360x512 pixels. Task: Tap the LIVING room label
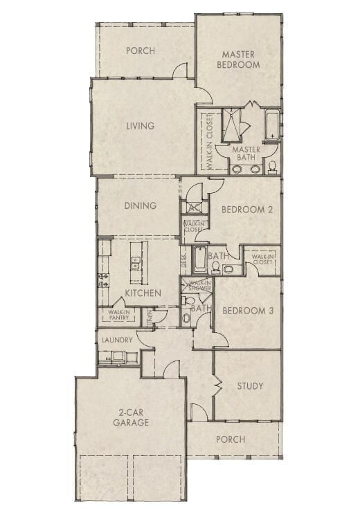(x=140, y=126)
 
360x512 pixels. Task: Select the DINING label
(x=141, y=205)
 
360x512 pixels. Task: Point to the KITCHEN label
(x=143, y=293)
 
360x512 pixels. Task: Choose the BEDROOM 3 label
(x=248, y=311)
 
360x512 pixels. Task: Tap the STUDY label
(x=250, y=386)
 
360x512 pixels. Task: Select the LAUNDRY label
(x=117, y=340)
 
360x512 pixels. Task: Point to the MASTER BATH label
(x=246, y=153)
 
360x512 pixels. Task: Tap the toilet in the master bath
(x=273, y=166)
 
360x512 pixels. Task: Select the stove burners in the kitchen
(x=103, y=280)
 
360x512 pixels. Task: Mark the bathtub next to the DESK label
(x=199, y=259)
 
